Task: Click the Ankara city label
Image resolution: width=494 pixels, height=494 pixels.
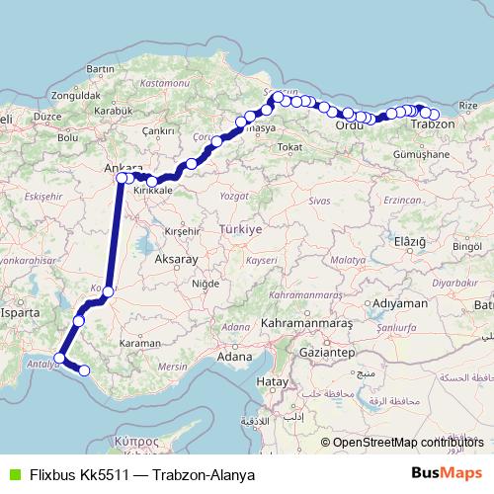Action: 123,168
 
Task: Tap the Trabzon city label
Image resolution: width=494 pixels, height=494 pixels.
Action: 432,125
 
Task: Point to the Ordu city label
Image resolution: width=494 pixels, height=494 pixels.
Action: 350,125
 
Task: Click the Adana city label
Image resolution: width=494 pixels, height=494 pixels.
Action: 234,356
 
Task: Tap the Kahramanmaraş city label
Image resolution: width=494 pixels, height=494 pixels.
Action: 306,323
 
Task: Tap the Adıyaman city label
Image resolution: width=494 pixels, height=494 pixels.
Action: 399,302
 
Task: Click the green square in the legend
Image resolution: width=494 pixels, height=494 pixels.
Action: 13,474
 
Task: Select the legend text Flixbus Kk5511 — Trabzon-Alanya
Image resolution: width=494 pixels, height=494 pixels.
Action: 142,474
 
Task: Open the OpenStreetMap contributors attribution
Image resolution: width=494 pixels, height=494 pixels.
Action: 402,443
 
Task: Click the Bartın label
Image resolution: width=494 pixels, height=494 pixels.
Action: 102,69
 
